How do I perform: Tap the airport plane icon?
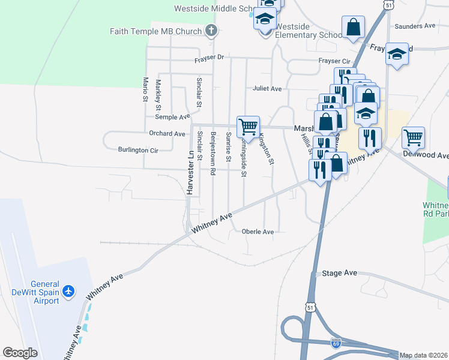coord(69,291)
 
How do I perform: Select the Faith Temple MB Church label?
coord(155,31)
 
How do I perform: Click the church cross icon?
coord(211,30)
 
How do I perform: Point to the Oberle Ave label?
coord(258,232)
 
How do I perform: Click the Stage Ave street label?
coord(339,273)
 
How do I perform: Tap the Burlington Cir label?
coord(137,149)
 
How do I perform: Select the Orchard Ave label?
coord(167,134)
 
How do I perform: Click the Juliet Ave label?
coord(267,89)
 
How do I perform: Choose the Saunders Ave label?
coord(415,26)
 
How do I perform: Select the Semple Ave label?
coord(172,116)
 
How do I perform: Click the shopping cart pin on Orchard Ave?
coord(248,126)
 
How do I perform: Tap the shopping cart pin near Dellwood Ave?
coord(413,137)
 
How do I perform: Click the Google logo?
coord(20,352)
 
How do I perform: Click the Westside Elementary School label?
coord(309,31)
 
